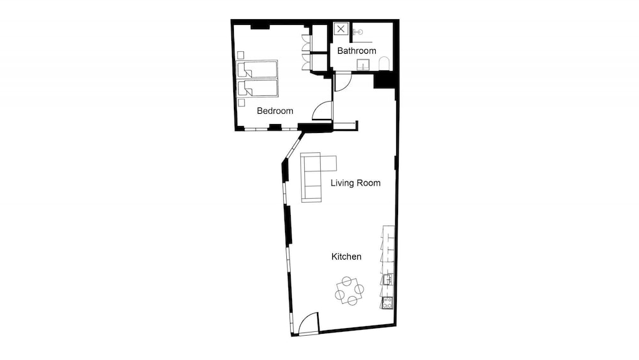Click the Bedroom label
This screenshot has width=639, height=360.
(x=275, y=111)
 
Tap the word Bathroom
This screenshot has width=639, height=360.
(x=357, y=51)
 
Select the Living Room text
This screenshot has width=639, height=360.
(x=355, y=183)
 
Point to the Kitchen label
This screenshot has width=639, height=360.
(x=346, y=256)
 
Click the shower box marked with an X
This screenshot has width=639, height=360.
(x=341, y=29)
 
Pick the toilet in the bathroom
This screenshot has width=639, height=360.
(x=384, y=64)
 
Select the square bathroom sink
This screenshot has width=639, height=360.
(x=363, y=65)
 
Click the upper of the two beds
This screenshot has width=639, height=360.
(x=257, y=69)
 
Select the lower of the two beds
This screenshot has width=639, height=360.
(x=257, y=88)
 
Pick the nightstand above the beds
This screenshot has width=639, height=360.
(x=241, y=55)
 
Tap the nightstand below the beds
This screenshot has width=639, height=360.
(x=242, y=102)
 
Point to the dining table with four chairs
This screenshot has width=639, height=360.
(x=350, y=291)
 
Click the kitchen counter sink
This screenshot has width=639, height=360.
(x=387, y=279)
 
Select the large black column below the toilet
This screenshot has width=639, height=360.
(x=384, y=79)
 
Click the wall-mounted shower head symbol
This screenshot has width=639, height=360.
(x=358, y=32)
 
